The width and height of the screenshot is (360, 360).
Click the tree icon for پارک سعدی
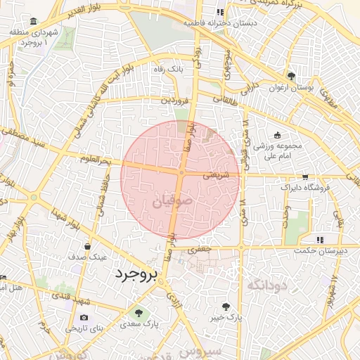tap(139, 313)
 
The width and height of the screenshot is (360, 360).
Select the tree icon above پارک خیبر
tap(226, 307)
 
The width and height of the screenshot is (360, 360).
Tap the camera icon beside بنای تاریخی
tap(84, 318)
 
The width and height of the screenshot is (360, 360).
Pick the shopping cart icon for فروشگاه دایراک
tap(304, 177)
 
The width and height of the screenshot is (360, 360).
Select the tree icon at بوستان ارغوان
tap(290, 76)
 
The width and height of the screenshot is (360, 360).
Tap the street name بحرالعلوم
tap(96, 160)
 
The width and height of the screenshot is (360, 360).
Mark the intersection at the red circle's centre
tap(181, 173)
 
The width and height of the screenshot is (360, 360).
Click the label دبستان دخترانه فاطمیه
tap(219, 22)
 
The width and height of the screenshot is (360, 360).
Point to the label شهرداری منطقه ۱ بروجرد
tap(29, 38)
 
